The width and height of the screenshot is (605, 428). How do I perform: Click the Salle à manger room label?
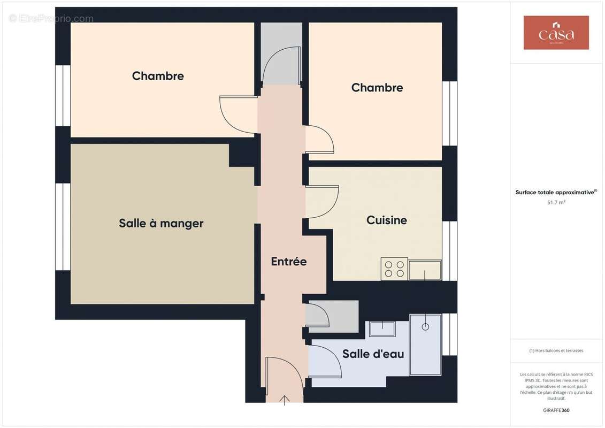click(161, 223)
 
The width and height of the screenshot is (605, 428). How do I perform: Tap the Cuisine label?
click(386, 220)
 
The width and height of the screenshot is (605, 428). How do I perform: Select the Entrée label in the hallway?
click(288, 262)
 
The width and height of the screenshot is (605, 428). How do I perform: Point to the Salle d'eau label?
click(373, 354)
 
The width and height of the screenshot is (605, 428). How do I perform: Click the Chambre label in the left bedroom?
click(158, 76)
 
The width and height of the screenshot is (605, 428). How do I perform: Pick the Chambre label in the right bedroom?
click(377, 88)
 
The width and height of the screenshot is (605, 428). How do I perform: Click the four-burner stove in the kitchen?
click(394, 269)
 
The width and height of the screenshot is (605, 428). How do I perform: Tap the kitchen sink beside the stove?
click(425, 270)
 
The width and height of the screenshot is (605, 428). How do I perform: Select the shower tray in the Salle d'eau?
click(425, 345)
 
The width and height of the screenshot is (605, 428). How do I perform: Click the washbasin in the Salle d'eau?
click(382, 328)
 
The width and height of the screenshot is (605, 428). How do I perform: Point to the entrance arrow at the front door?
click(285, 400)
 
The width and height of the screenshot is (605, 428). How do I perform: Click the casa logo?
click(556, 33)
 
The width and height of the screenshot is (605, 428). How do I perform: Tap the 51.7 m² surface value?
click(556, 202)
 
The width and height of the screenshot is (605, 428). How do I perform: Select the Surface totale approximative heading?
click(555, 192)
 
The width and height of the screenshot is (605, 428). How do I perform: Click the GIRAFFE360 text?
click(556, 410)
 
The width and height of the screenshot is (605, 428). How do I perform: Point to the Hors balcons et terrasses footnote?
click(556, 350)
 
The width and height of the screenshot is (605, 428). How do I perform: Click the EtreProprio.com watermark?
click(51, 19)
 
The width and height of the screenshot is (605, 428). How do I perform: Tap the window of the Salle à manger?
click(63, 227)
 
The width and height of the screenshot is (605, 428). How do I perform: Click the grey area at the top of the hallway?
click(281, 53)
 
